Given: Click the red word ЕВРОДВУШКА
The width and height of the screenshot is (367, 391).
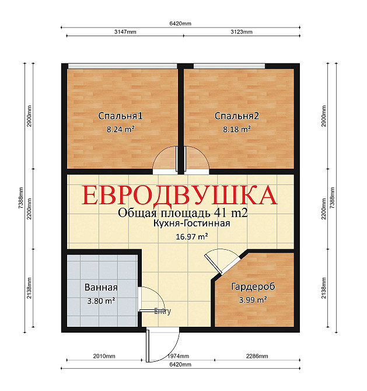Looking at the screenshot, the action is click(x=180, y=195).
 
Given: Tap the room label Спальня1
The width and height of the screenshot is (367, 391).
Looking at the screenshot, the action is click(x=120, y=116).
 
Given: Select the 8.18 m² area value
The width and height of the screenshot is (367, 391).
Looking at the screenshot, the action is click(x=237, y=130).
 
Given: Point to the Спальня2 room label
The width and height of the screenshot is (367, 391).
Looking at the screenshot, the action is click(x=237, y=116).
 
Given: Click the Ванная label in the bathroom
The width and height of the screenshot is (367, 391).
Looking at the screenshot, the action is click(x=101, y=287).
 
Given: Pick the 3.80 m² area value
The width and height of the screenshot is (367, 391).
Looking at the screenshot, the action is click(x=101, y=301).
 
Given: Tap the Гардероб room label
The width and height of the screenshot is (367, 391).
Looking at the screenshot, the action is click(x=253, y=287).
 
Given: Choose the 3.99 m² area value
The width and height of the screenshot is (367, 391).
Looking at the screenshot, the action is click(x=253, y=300).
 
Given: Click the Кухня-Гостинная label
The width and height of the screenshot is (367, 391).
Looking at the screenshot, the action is click(x=191, y=223).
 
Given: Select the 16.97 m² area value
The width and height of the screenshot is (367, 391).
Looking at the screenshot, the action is click(x=192, y=236).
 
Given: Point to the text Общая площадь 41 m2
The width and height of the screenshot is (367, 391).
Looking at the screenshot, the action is click(x=183, y=213).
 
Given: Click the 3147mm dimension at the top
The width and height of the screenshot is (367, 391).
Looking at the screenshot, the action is click(x=125, y=32).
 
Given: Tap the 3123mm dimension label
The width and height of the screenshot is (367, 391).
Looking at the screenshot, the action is click(x=242, y=32).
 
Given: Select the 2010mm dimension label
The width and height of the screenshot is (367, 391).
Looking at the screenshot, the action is click(x=104, y=356).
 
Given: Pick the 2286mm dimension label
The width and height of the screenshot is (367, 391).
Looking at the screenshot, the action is click(x=257, y=356).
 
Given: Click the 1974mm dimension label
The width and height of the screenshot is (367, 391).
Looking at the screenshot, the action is click(x=178, y=356).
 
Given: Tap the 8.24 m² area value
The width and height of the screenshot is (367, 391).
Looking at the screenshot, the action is click(x=121, y=130).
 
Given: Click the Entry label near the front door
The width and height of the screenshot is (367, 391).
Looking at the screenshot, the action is click(x=163, y=311).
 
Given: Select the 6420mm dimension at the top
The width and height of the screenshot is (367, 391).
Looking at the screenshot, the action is click(x=180, y=23).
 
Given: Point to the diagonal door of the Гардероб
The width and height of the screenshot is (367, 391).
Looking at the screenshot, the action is click(x=213, y=264).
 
